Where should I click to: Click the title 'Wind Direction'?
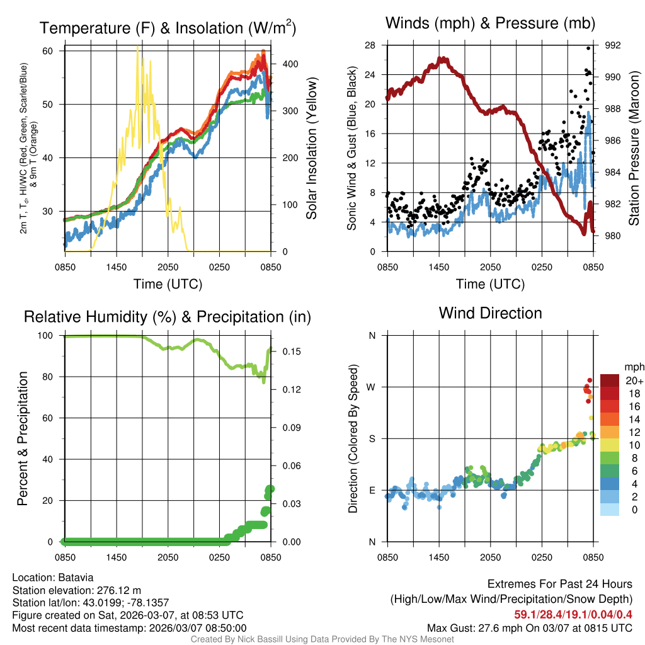490,313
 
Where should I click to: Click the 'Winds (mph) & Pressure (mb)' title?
490,24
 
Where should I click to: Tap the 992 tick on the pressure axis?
614,45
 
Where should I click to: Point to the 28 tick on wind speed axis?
370,45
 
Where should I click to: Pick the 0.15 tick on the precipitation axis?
290,351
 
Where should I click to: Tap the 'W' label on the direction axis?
371,387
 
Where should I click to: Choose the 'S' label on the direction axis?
372,438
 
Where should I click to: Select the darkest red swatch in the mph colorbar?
610,380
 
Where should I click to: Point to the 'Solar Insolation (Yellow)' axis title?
312,149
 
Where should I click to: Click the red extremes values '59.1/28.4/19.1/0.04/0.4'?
573,614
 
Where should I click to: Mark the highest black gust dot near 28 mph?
589,48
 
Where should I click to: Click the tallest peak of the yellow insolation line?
138,47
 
